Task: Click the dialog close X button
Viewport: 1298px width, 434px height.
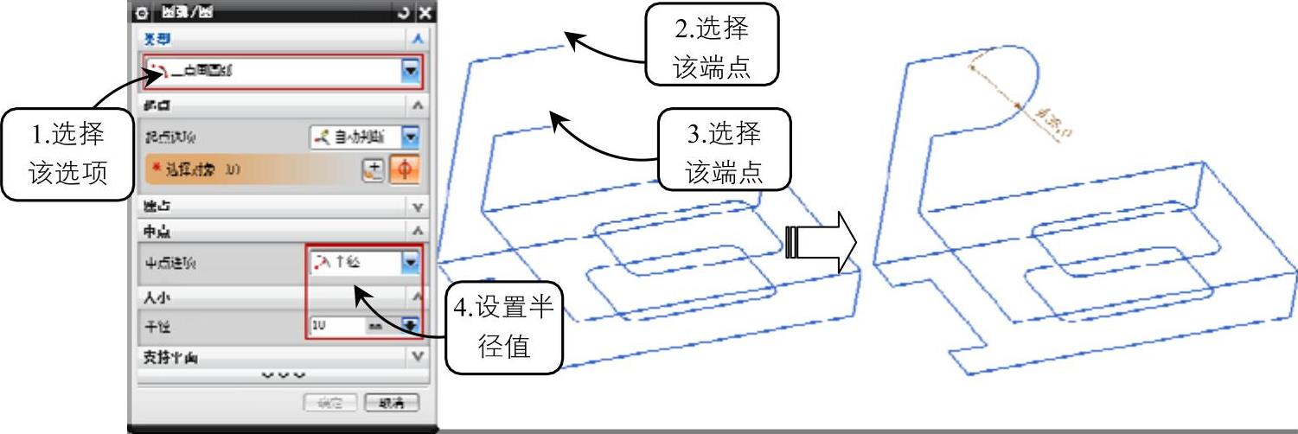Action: (425, 13)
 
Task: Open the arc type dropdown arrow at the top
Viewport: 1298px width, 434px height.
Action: (410, 72)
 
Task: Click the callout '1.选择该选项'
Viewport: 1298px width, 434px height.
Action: (67, 154)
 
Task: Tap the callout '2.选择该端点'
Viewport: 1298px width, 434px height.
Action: (711, 43)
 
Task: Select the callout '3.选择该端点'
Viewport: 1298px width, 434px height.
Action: (724, 149)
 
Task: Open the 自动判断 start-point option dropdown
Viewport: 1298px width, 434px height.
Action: (410, 137)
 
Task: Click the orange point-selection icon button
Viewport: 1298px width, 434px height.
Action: (403, 170)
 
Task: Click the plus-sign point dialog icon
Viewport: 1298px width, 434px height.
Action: (373, 170)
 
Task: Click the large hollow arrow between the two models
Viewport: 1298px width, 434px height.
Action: (821, 242)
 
